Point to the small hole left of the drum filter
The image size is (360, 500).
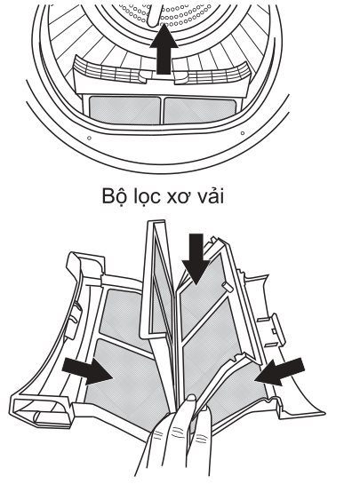[x=88, y=139]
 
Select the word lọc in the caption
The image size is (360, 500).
[x=154, y=194]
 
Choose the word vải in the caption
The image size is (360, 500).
[x=221, y=194]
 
